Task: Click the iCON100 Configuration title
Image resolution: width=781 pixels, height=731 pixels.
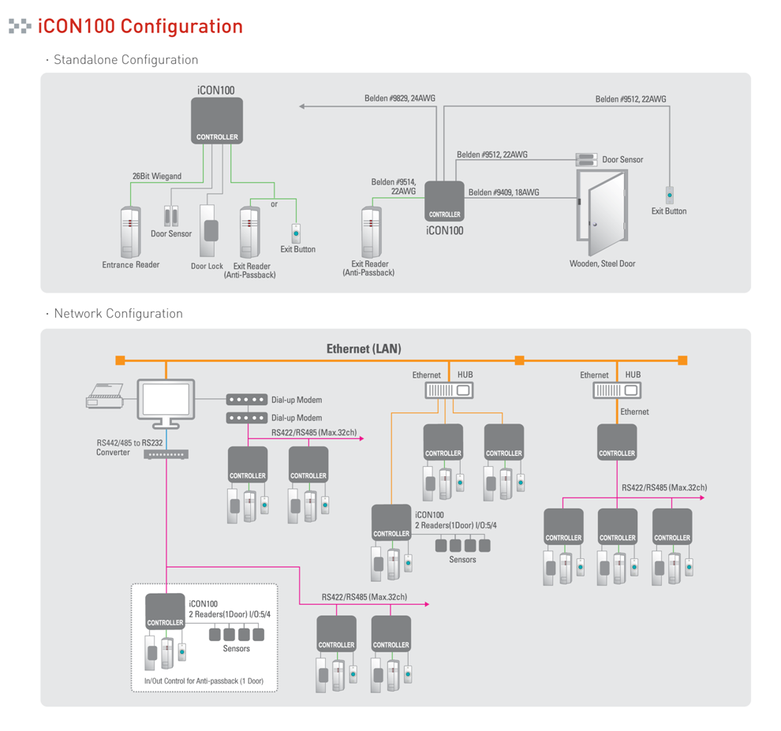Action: pos(140,26)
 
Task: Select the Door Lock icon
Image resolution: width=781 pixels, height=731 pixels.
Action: pos(208,231)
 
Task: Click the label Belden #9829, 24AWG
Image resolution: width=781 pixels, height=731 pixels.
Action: pos(400,99)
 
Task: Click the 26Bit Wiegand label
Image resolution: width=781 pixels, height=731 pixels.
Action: pos(157,176)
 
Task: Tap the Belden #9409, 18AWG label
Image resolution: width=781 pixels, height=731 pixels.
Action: pos(503,192)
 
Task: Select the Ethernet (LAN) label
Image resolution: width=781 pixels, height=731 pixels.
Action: pos(364,348)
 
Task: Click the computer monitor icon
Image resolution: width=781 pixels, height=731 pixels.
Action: pos(166,401)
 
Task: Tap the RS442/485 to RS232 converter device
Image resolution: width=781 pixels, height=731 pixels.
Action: pos(166,455)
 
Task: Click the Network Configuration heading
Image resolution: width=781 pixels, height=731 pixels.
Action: pos(118,314)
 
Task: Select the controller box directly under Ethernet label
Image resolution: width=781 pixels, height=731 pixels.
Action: pos(617,442)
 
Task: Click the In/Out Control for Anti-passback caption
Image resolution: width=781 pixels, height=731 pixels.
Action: pos(204,680)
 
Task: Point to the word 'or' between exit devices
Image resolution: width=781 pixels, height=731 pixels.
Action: pos(275,204)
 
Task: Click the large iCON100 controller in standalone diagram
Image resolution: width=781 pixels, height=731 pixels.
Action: pos(217,120)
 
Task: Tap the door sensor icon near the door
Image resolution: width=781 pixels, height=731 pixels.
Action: pos(586,159)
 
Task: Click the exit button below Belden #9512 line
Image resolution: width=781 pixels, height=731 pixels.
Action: pos(670,194)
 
